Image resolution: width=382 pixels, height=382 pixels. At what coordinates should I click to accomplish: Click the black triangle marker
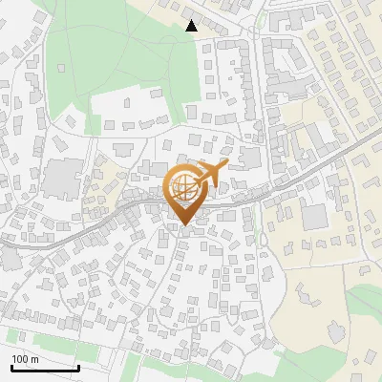click(192, 26)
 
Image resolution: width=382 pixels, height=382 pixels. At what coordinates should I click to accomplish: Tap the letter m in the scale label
click(35, 359)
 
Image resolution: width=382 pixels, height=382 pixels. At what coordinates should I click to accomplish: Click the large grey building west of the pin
click(62, 178)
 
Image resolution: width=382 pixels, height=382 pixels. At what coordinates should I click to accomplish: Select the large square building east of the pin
click(314, 216)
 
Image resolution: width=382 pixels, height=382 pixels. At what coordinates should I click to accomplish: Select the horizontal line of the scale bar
click(45, 368)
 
